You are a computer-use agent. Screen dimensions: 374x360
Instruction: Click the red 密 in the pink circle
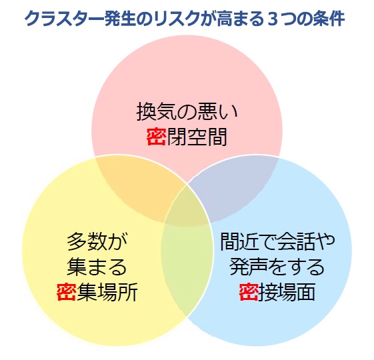pos(156,137)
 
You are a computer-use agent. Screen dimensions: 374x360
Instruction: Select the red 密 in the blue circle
pos(249,291)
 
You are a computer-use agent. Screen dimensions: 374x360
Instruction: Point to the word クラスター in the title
pos(64,19)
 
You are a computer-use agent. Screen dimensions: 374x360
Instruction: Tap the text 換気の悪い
pos(187,111)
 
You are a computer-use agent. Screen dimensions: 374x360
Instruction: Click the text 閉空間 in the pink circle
pos(197,137)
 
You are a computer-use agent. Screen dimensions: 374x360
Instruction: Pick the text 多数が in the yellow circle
pos(97,241)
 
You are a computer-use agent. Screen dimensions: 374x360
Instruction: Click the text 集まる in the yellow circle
pos(97,267)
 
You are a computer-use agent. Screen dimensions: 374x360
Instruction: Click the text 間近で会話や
pos(277,241)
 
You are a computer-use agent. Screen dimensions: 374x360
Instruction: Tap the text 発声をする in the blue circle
pos(277,267)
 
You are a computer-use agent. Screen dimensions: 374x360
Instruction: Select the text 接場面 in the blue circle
pos(287,291)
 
